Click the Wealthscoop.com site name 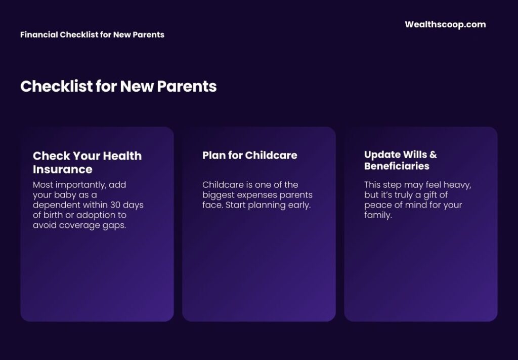(x=445, y=24)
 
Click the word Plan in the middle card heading (x=213, y=155)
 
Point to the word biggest (x=219, y=195)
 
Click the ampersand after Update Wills (x=433, y=154)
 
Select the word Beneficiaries (x=397, y=166)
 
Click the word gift (x=430, y=195)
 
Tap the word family (x=378, y=215)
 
